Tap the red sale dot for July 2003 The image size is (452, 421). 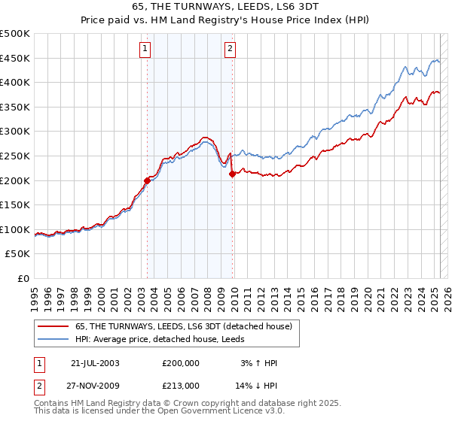click(148, 180)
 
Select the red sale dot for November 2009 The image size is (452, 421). click(232, 174)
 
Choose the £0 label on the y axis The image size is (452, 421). click(23, 278)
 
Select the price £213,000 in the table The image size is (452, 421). click(181, 385)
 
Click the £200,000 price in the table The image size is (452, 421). click(181, 363)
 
